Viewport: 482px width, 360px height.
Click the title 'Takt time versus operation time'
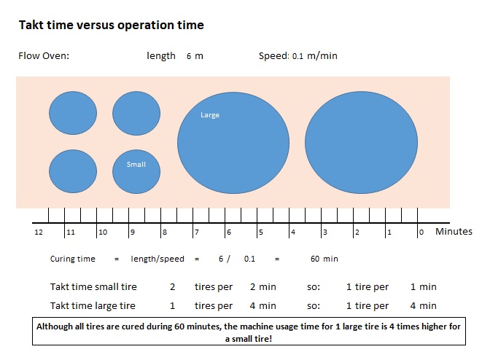pyautogui.click(x=111, y=26)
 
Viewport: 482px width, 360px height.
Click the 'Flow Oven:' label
pyautogui.click(x=44, y=56)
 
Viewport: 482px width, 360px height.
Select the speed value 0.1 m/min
pyautogui.click(x=314, y=56)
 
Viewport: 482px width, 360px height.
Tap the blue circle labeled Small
pyautogui.click(x=136, y=171)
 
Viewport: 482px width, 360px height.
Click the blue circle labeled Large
pyautogui.click(x=233, y=143)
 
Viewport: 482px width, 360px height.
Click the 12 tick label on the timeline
pyautogui.click(x=38, y=232)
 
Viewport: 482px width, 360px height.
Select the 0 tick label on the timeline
pyautogui.click(x=421, y=232)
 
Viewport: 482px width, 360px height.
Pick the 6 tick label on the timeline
pyautogui.click(x=228, y=232)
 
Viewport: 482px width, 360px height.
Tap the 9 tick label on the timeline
pyautogui.click(x=132, y=232)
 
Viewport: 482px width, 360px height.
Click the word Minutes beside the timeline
pyautogui.click(x=454, y=232)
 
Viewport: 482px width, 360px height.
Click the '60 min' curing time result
pyautogui.click(x=324, y=259)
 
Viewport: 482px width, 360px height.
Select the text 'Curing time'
pyautogui.click(x=73, y=259)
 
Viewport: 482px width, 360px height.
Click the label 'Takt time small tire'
pyautogui.click(x=93, y=287)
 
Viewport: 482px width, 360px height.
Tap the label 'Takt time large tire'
pyautogui.click(x=93, y=306)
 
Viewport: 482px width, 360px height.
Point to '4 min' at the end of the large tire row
pyautogui.click(x=423, y=306)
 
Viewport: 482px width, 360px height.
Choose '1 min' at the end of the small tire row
pyautogui.click(x=423, y=287)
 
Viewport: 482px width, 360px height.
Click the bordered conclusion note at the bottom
pyautogui.click(x=248, y=333)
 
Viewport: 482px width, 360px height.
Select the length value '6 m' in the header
pyautogui.click(x=195, y=56)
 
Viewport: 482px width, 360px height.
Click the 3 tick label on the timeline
pyautogui.click(x=324, y=232)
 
